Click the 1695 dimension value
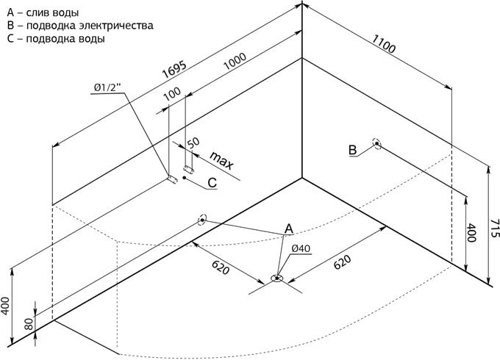coord(174,70)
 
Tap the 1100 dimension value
coord(384,43)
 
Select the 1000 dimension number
coord(235,61)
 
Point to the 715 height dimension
coord(493,228)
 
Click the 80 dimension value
coord(29,323)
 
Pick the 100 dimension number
coord(172,93)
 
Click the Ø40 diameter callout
coord(301,248)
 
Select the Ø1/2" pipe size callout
coord(108,87)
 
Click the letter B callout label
coord(352,150)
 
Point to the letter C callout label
coord(213,182)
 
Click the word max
coord(222,160)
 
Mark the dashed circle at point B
coord(377,144)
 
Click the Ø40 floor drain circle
coord(276,278)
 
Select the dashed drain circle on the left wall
coord(202,220)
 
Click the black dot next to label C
coord(184,178)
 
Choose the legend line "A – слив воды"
coord(43,13)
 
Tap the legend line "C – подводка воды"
coord(56,38)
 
